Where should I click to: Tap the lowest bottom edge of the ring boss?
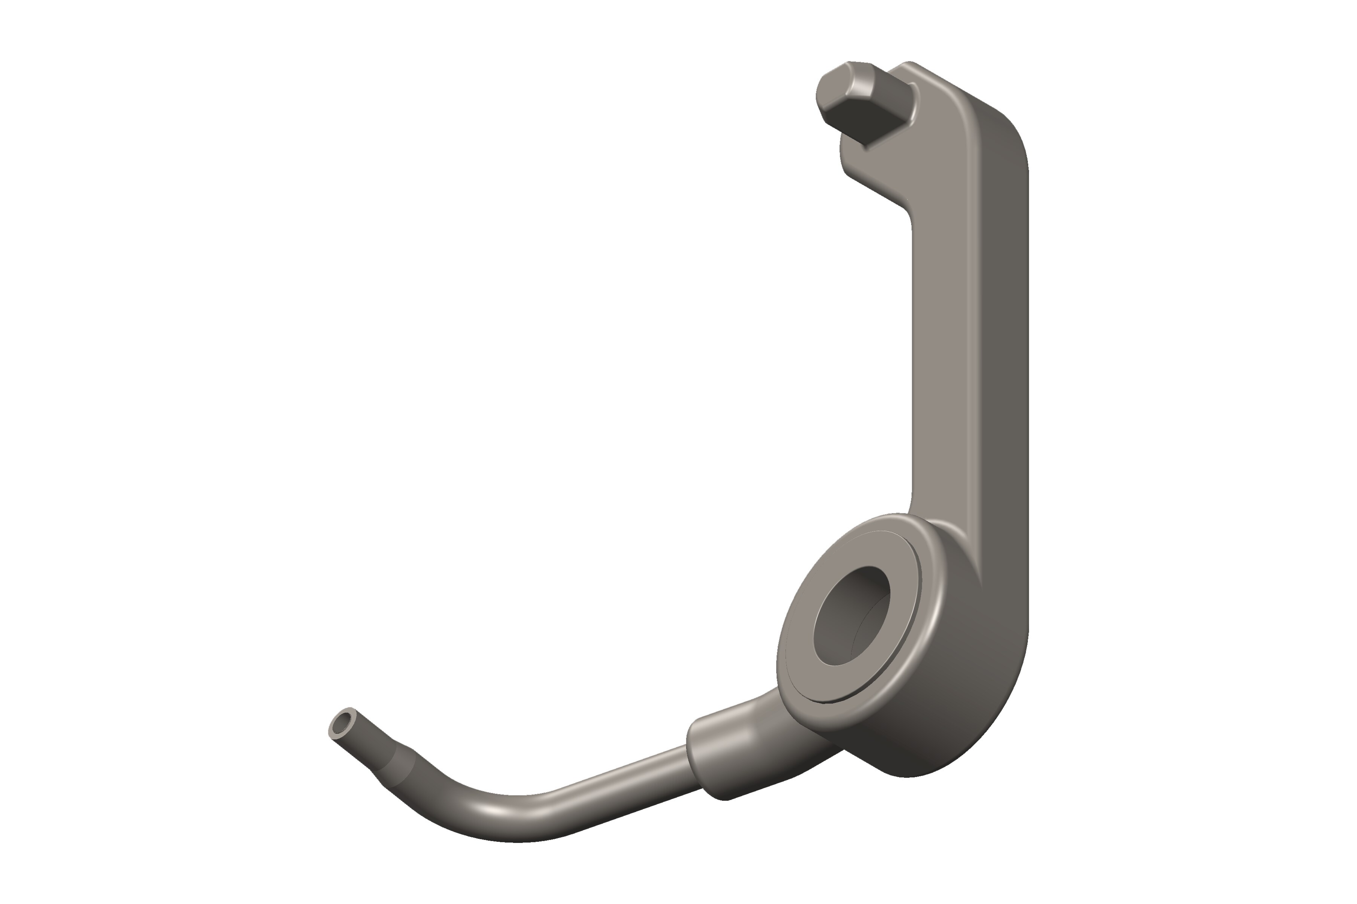[x=906, y=776]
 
